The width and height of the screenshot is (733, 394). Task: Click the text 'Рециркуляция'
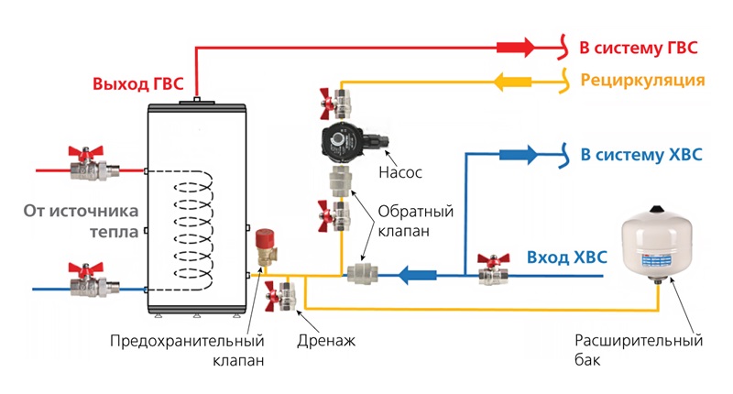[x=641, y=81]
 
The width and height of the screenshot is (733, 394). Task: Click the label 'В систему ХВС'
[x=641, y=154]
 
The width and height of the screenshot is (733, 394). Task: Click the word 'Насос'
[x=399, y=172]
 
